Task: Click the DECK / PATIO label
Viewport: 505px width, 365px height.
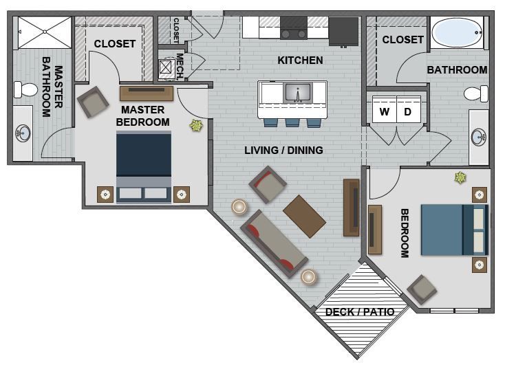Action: [359, 312]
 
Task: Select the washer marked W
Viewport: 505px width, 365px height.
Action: [384, 112]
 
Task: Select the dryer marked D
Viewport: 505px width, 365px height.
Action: [407, 112]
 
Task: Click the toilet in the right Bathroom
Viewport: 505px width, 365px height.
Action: [474, 93]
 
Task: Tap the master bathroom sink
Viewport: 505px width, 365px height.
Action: [23, 133]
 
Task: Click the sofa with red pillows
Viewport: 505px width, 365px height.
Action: [273, 241]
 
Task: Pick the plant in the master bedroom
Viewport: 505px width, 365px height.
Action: [195, 126]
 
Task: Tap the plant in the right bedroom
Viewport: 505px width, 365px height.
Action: [459, 179]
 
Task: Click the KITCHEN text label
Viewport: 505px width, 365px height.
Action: [300, 60]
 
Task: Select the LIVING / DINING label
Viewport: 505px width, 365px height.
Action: [283, 150]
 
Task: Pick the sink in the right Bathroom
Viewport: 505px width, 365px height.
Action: [479, 137]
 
